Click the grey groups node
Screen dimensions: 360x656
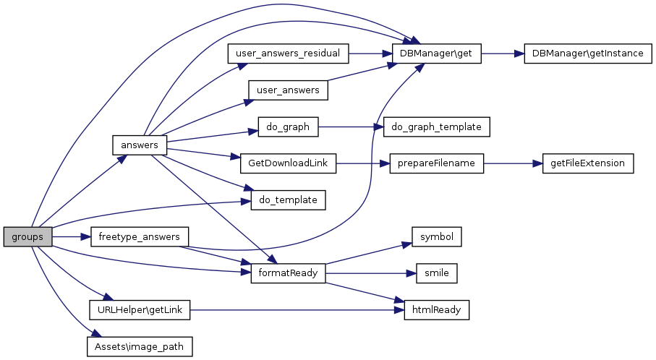click(27, 236)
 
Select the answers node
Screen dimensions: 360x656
click(140, 145)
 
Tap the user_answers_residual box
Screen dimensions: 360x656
click(289, 53)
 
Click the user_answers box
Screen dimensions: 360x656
click(288, 90)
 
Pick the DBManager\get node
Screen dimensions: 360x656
click(436, 54)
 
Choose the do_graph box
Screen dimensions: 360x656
click(288, 127)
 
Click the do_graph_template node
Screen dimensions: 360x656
click(436, 127)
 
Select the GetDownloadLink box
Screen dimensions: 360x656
click(288, 163)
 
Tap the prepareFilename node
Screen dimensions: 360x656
click(436, 163)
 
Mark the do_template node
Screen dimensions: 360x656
click(288, 200)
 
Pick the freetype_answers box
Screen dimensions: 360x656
click(139, 236)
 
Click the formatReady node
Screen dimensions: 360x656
click(288, 273)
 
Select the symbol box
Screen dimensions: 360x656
click(436, 236)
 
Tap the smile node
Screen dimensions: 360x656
click(436, 273)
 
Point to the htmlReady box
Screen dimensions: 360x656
click(436, 310)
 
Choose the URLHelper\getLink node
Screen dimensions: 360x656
click(139, 310)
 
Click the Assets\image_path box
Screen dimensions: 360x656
click(139, 346)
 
